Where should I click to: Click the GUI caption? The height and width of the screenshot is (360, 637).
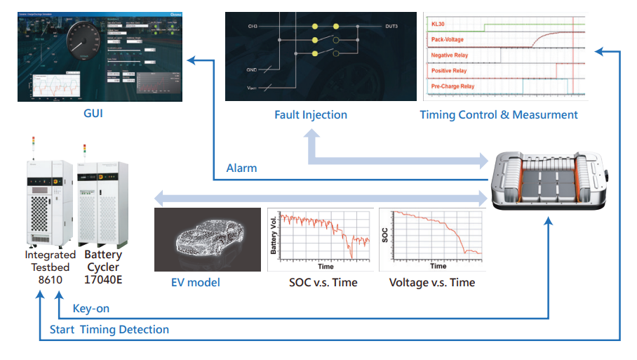(x=93, y=112)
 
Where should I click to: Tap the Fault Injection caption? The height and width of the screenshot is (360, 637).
(x=311, y=114)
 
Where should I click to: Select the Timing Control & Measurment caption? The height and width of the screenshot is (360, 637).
(x=499, y=114)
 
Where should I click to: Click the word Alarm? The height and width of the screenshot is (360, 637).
(x=241, y=168)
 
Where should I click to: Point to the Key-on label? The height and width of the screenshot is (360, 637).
(x=91, y=309)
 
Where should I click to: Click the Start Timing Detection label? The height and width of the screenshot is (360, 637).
(x=109, y=330)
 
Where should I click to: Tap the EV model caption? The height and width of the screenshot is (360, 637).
(x=196, y=283)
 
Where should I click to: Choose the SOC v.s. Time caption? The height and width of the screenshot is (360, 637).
(x=323, y=283)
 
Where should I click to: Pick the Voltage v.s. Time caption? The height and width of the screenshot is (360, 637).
(x=432, y=283)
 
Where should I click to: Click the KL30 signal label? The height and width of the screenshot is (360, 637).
(x=438, y=25)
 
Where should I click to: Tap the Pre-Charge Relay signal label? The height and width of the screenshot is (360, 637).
(x=452, y=86)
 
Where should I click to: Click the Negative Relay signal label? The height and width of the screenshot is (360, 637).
(x=449, y=55)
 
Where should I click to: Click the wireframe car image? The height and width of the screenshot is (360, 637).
(x=207, y=239)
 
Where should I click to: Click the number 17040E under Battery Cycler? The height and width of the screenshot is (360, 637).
(x=104, y=279)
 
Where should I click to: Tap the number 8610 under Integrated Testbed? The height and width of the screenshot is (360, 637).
(x=50, y=279)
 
